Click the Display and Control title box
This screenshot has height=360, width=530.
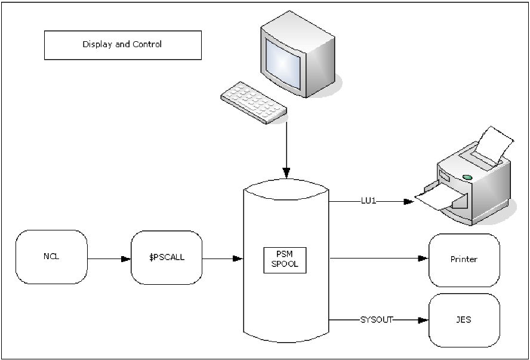pos(122,45)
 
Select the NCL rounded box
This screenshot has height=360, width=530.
pos(52,257)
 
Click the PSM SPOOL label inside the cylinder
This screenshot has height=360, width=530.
pos(285,259)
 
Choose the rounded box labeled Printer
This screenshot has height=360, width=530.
pos(464,260)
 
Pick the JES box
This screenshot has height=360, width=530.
pos(464,319)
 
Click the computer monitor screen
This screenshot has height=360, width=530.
pos(285,60)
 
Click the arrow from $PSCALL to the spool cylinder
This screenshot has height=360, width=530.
pos(222,259)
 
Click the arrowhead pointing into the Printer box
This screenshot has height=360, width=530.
pos(423,259)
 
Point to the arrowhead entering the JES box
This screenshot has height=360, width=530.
pos(423,320)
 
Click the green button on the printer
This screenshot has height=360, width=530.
pos(467,176)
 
